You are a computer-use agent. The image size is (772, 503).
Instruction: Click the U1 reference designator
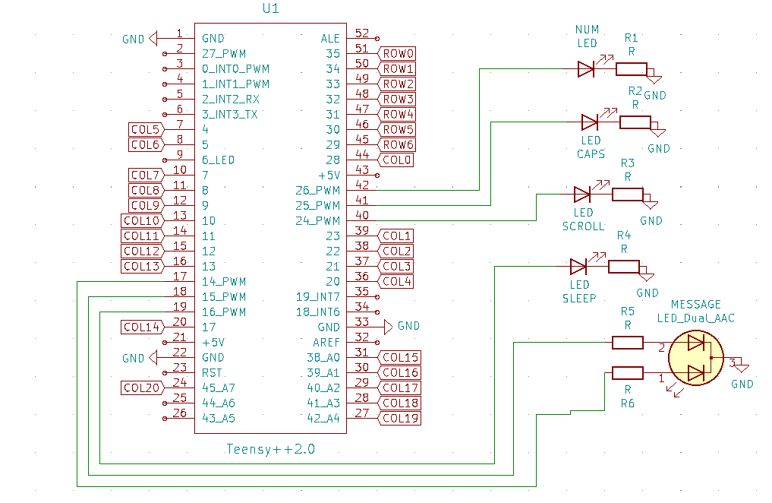[x=270, y=9]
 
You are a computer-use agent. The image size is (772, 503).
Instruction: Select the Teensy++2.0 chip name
[x=270, y=449]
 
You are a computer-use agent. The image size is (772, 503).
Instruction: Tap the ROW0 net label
[x=398, y=53]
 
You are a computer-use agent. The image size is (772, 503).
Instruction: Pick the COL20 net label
[x=142, y=388]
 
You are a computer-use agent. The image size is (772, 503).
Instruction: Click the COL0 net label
[x=398, y=160]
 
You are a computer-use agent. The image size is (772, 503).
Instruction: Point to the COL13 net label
[x=142, y=267]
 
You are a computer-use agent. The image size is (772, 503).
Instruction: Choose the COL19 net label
[x=400, y=418]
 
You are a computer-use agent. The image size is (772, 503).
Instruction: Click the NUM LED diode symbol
[x=585, y=69]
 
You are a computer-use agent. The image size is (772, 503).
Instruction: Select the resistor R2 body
[x=635, y=122]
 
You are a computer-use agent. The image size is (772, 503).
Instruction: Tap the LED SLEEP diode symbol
[x=578, y=267]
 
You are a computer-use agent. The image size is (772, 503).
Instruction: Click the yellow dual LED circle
[x=696, y=357]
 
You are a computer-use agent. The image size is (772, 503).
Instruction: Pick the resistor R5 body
[x=628, y=343]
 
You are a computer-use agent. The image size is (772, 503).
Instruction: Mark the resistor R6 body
[x=628, y=372]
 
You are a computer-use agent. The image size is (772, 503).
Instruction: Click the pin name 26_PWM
[x=318, y=191]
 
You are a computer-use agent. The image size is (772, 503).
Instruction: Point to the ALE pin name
[x=331, y=38]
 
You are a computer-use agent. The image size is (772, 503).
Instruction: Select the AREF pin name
[x=326, y=343]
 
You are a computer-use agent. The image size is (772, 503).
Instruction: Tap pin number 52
[x=362, y=33]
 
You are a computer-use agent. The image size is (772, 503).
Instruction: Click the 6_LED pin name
[x=219, y=160]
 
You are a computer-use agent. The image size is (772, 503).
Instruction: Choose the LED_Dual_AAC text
[x=695, y=318]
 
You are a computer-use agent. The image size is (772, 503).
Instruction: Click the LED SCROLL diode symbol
[x=582, y=194]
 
